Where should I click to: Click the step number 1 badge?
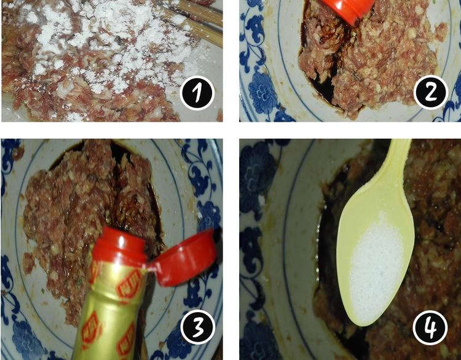tap(197, 93)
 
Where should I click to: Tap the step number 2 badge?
tap(430, 93)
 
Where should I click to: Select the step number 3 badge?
tap(197, 327)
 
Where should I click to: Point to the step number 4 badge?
tap(430, 327)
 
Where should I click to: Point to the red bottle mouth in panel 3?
tap(120, 244)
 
